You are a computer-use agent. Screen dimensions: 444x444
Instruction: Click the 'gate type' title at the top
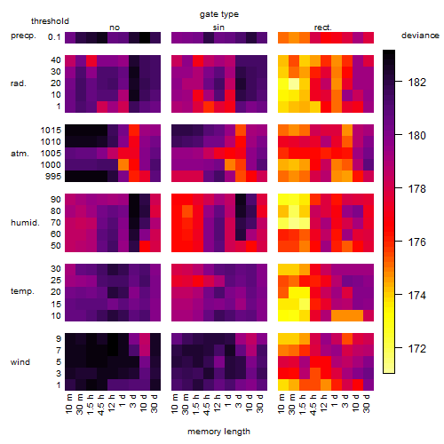tap(219, 14)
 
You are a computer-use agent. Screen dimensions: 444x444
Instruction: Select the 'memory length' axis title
tap(218, 432)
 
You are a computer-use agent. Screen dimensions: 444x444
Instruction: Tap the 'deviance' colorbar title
tap(420, 36)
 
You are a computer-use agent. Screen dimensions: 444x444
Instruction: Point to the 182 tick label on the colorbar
tap(417, 82)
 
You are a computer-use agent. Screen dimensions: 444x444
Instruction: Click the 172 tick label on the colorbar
tap(417, 348)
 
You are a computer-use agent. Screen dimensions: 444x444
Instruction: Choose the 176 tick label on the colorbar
tap(417, 242)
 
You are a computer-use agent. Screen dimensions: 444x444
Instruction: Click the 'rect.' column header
tap(323, 28)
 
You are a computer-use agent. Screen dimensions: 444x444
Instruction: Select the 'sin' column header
tap(218, 28)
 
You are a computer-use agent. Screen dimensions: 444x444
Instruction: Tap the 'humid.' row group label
tap(25, 223)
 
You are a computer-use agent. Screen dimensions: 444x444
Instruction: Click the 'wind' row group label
tap(20, 362)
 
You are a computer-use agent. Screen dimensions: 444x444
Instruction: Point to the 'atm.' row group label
tap(20, 154)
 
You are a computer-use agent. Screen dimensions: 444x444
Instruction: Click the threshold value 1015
tap(51, 131)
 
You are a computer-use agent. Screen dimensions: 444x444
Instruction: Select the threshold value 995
tap(53, 177)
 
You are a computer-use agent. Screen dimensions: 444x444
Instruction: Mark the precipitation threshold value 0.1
tap(54, 37)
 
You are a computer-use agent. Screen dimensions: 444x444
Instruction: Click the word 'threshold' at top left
tap(50, 21)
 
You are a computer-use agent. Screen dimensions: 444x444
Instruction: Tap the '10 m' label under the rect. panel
tap(282, 403)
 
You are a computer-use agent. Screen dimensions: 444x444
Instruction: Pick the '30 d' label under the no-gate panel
tap(155, 403)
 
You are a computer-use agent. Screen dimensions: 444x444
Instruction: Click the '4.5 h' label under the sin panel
tap(208, 404)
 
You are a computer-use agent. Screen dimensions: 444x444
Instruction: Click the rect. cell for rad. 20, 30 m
tap(294, 83)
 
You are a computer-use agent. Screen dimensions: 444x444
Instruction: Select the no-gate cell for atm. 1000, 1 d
tap(123, 164)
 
